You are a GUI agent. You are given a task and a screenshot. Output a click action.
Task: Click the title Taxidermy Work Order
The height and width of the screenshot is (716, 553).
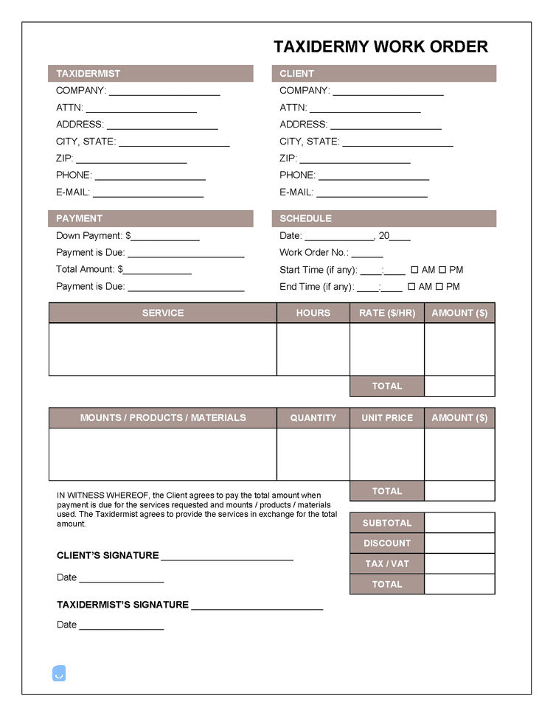(380, 46)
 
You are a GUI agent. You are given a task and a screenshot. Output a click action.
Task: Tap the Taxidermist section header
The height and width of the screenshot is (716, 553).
(150, 74)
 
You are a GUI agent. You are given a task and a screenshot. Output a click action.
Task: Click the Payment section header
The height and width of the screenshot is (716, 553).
(150, 218)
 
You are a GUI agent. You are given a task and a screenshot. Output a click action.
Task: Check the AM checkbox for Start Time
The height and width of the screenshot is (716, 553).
(414, 270)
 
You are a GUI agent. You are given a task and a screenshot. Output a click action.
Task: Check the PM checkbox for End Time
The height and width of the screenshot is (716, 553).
(439, 287)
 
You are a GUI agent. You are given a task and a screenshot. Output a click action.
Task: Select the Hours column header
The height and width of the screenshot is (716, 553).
(313, 313)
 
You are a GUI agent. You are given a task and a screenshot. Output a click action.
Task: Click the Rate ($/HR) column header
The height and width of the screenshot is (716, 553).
(387, 313)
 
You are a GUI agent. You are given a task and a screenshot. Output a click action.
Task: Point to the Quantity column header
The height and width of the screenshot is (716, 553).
(313, 418)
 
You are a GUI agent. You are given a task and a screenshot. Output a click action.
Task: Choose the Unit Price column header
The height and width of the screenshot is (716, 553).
(387, 418)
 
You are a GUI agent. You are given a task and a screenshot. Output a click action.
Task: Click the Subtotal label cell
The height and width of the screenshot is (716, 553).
(387, 523)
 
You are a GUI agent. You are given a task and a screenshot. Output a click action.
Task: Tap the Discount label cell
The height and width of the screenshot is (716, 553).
(387, 543)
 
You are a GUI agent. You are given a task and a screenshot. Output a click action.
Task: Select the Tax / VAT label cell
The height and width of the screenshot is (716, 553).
(387, 563)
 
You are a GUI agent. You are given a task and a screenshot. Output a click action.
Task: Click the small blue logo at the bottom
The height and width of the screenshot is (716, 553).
(59, 673)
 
